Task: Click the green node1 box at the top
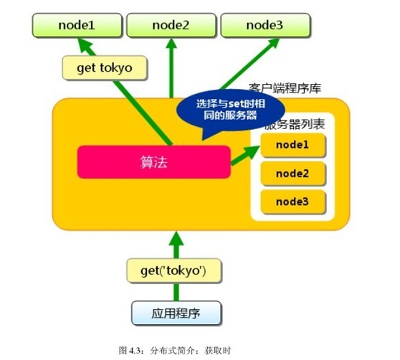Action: [x=75, y=26]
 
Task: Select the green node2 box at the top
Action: [x=170, y=26]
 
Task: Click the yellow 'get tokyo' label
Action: [x=104, y=68]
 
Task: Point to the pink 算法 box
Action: [x=153, y=162]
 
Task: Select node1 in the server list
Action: [x=292, y=145]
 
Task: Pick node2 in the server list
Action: [x=292, y=173]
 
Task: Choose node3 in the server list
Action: [x=292, y=201]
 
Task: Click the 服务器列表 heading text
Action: [x=295, y=125]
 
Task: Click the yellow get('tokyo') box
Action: [x=174, y=270]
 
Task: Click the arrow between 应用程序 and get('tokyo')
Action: [x=174, y=292]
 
